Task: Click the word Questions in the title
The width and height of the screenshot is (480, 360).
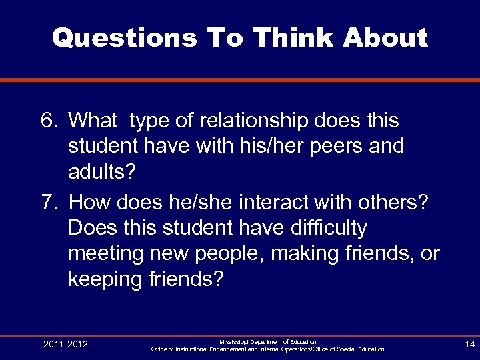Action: pos(123,38)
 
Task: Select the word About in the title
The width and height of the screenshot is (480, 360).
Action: pos(385,38)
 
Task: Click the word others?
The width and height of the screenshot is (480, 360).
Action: pos(399,201)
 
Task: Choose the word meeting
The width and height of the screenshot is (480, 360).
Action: pos(107,254)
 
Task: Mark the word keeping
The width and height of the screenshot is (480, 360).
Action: pos(109,280)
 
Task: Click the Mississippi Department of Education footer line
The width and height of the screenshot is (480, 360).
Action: pos(267,341)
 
